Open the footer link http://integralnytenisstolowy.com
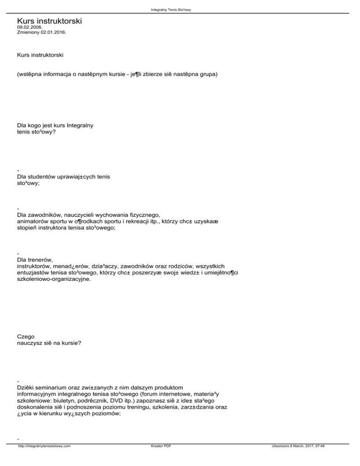tap(45, 459)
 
